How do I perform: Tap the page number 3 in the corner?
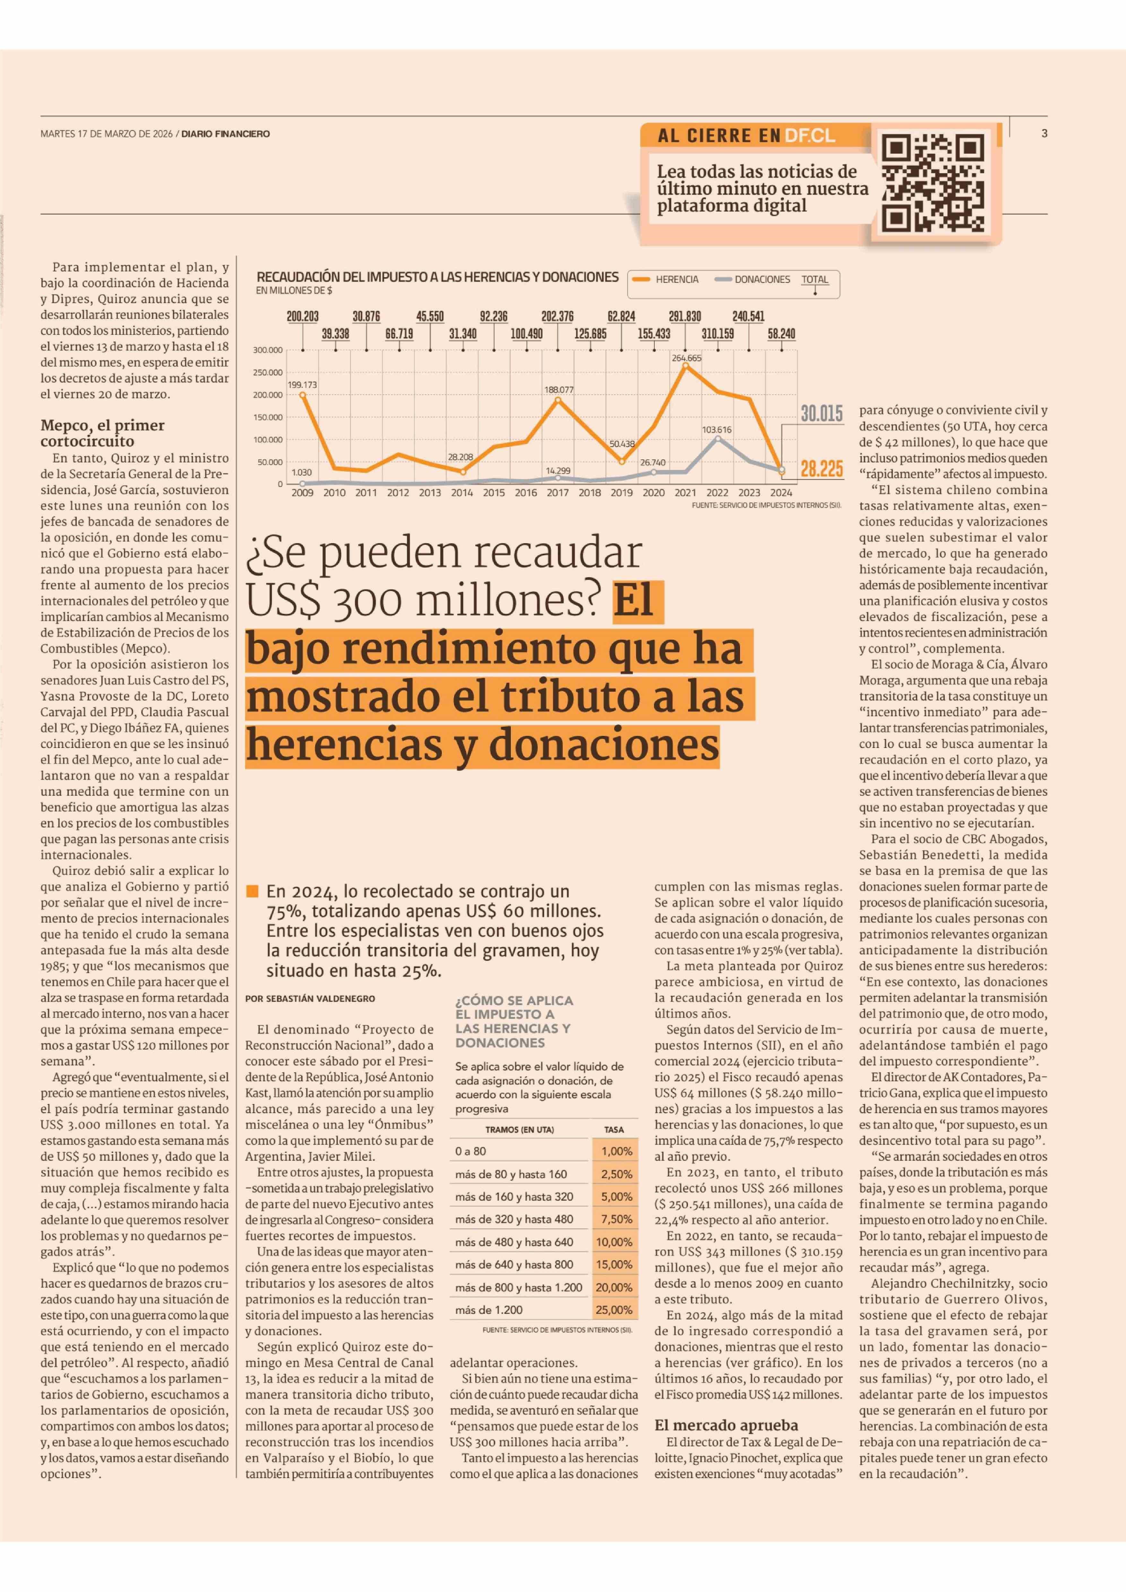pos(1044,133)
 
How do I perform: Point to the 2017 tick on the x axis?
pos(558,493)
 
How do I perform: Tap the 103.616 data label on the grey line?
pos(717,429)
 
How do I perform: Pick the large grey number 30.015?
pos(822,414)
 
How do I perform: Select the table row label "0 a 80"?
pos(471,1151)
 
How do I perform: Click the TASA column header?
pos(614,1129)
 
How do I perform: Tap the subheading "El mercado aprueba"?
pos(726,1425)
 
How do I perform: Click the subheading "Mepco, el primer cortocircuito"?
pos(103,433)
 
